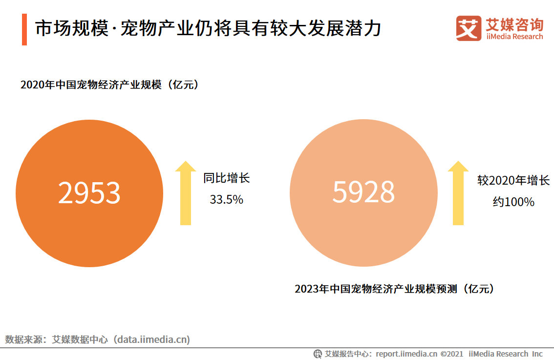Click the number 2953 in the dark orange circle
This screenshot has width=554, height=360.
[x=89, y=193]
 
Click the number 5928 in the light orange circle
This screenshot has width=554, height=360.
[x=363, y=192]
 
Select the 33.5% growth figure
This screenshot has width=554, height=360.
[x=226, y=200]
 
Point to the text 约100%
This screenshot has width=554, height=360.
[x=513, y=202]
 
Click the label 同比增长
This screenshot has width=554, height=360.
[x=226, y=178]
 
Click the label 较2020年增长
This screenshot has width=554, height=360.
[x=513, y=181]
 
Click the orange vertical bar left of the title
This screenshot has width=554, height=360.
[x=24, y=30]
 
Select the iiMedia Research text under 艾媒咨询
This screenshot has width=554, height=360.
[x=514, y=37]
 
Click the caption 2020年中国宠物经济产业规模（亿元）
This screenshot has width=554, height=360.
[x=110, y=85]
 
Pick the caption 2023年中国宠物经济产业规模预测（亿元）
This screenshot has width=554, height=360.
[x=394, y=289]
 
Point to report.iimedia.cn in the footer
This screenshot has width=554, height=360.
[x=406, y=354]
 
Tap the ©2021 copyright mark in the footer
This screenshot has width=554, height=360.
[x=452, y=354]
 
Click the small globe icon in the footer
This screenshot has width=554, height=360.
[x=318, y=354]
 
